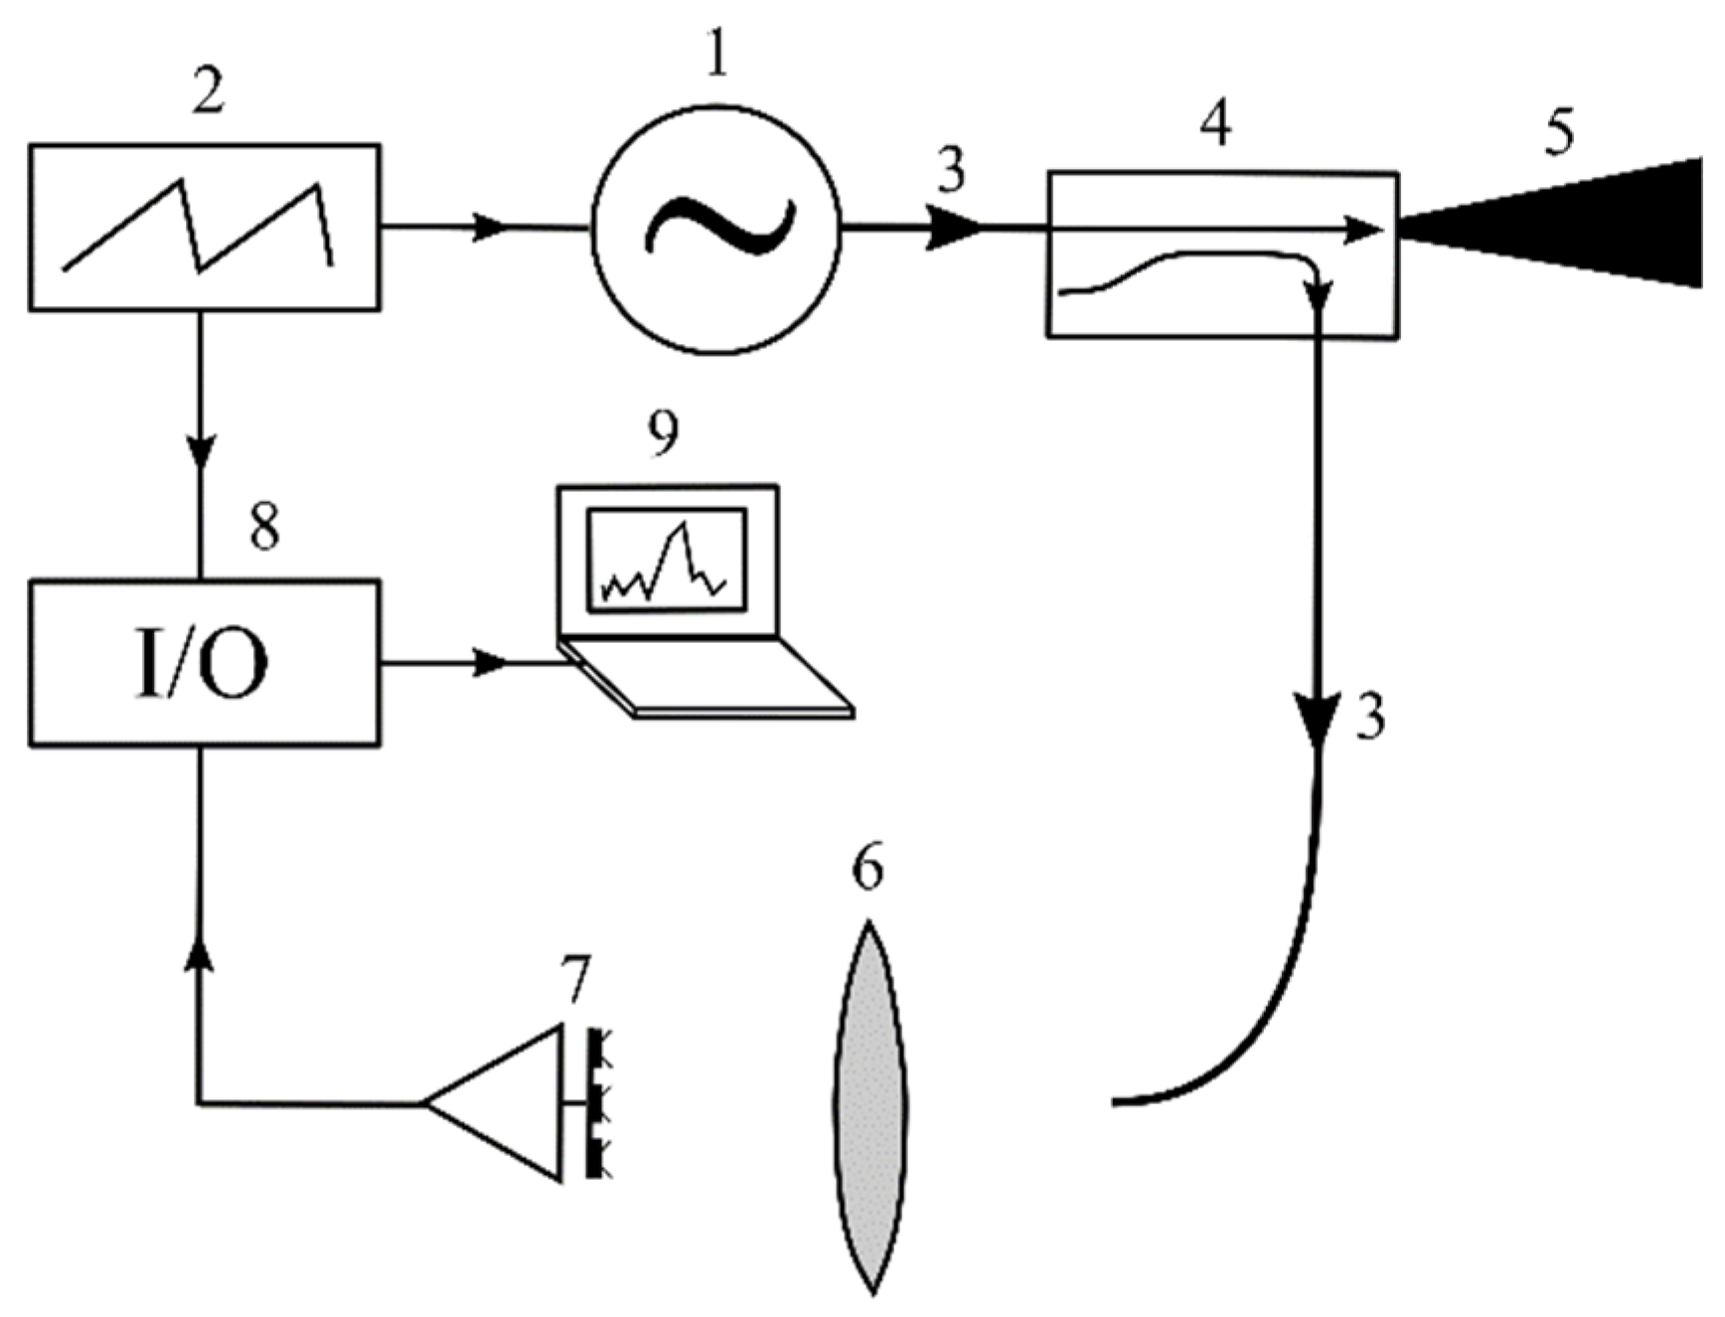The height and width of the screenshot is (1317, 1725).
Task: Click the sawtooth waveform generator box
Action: pos(204,227)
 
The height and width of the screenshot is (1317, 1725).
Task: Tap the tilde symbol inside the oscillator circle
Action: pos(719,228)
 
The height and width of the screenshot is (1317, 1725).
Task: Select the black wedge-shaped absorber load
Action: pos(1590,225)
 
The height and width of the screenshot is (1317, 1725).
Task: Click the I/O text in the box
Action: pos(202,664)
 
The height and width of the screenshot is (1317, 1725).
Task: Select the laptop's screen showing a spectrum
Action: pos(667,560)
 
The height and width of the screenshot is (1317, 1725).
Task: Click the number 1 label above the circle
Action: pos(717,52)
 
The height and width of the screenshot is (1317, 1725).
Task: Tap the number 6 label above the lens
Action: pos(866,867)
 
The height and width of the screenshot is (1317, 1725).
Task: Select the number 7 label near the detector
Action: pos(575,980)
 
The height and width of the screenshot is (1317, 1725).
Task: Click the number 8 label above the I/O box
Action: pos(263,527)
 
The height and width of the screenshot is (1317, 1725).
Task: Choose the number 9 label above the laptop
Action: pos(663,432)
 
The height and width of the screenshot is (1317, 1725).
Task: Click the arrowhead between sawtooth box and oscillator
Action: pos(489,228)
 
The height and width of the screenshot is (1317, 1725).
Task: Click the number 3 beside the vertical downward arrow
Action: pos(1370,716)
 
